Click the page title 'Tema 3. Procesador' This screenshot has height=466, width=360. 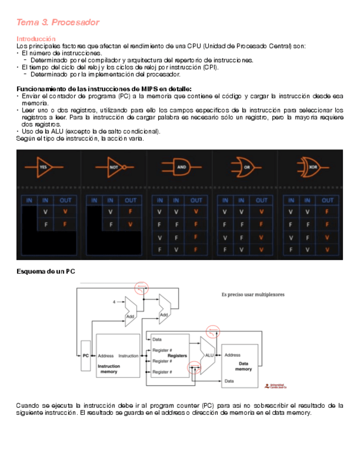coord(58,23)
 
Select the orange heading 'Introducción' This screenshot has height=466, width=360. coord(36,39)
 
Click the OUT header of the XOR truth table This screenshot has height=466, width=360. coord(328,200)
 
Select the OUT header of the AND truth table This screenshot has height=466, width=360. coord(196,200)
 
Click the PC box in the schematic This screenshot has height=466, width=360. coord(85,356)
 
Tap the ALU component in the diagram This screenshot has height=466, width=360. coord(208,356)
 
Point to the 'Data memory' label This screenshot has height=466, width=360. coord(243,366)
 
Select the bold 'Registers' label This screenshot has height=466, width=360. coord(178,356)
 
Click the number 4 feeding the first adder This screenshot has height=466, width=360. coord(114,302)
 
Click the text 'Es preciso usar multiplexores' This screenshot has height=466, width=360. coord(253,294)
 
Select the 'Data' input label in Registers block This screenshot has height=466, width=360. coord(157,340)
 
